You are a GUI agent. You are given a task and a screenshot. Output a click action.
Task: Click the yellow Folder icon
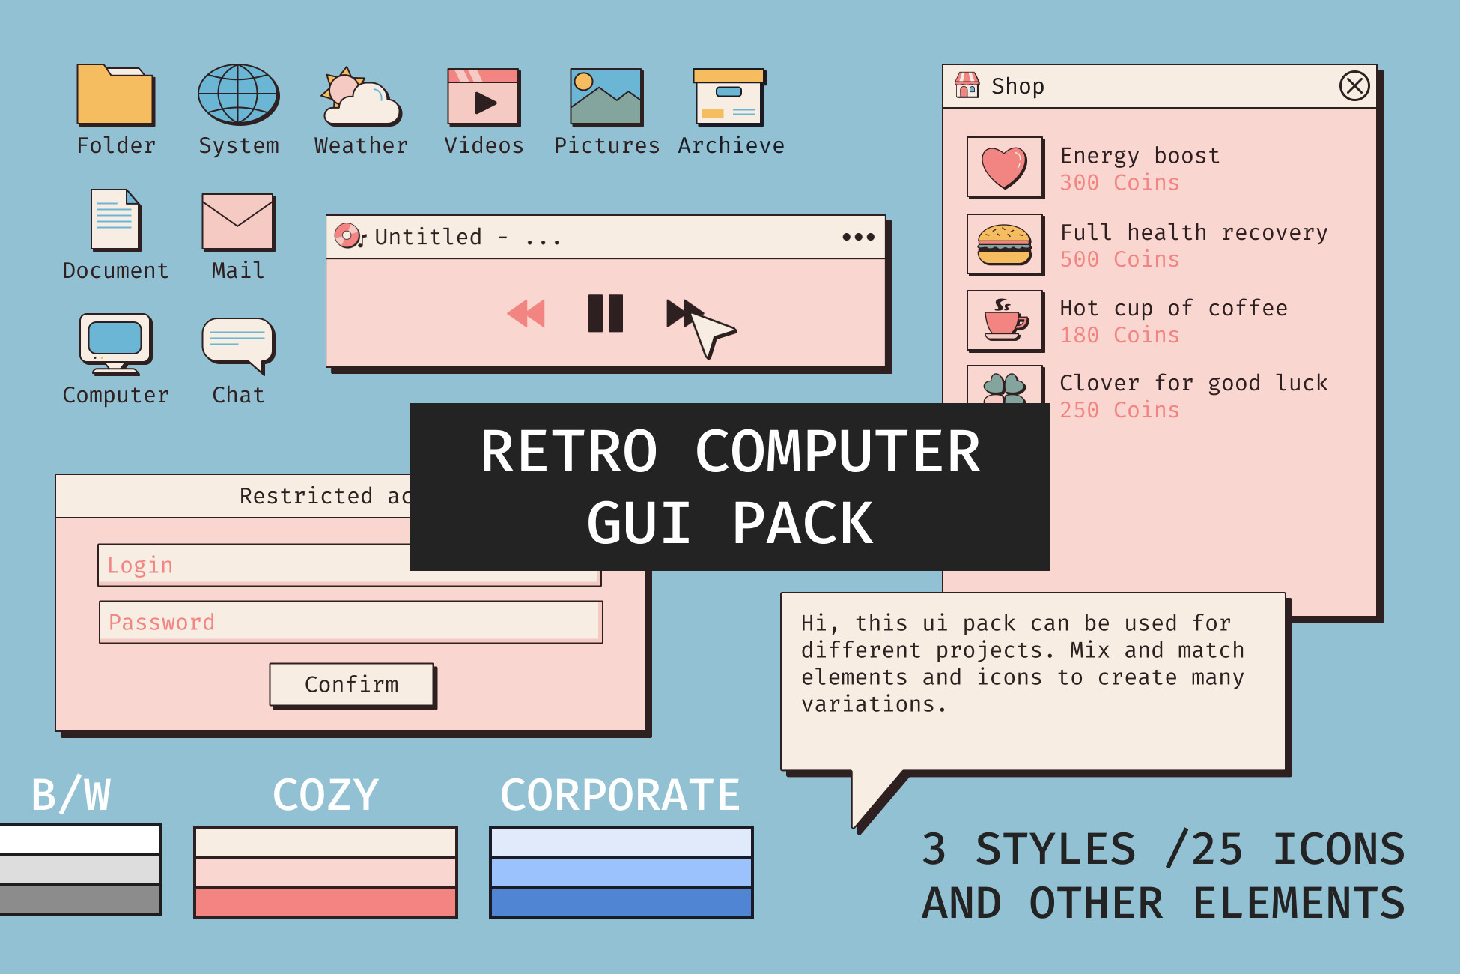pos(115,95)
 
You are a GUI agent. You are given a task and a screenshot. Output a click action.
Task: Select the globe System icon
pos(238,94)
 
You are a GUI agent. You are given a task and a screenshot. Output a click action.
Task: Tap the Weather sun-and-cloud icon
pos(361,97)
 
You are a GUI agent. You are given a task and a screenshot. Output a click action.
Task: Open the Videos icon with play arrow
pos(484,97)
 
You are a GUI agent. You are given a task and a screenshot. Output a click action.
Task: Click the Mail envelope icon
pos(238,222)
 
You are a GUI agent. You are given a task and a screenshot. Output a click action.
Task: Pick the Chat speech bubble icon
pos(238,344)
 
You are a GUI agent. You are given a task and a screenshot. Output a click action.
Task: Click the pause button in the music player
pos(605,313)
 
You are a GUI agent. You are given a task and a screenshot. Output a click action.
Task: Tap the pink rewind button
pos(526,313)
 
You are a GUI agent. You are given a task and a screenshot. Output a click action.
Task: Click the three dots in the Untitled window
pos(858,237)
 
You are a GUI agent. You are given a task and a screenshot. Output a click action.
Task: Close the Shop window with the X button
pos(1354,86)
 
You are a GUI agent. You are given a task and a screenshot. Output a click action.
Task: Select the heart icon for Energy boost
pos(1005,167)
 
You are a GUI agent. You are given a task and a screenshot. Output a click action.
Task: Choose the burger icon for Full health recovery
pos(1005,245)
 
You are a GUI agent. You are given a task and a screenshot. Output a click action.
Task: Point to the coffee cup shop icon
pos(1005,321)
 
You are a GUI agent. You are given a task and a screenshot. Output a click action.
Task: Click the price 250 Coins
pos(1119,411)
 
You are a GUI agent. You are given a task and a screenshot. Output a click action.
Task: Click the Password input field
pos(350,622)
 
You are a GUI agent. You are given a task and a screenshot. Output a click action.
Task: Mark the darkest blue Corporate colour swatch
pos(621,903)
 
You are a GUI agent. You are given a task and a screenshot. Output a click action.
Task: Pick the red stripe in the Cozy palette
pos(326,903)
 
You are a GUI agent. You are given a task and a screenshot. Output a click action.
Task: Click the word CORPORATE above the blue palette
pos(620,795)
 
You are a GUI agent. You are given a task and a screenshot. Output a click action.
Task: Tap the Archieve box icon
pos(729,97)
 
